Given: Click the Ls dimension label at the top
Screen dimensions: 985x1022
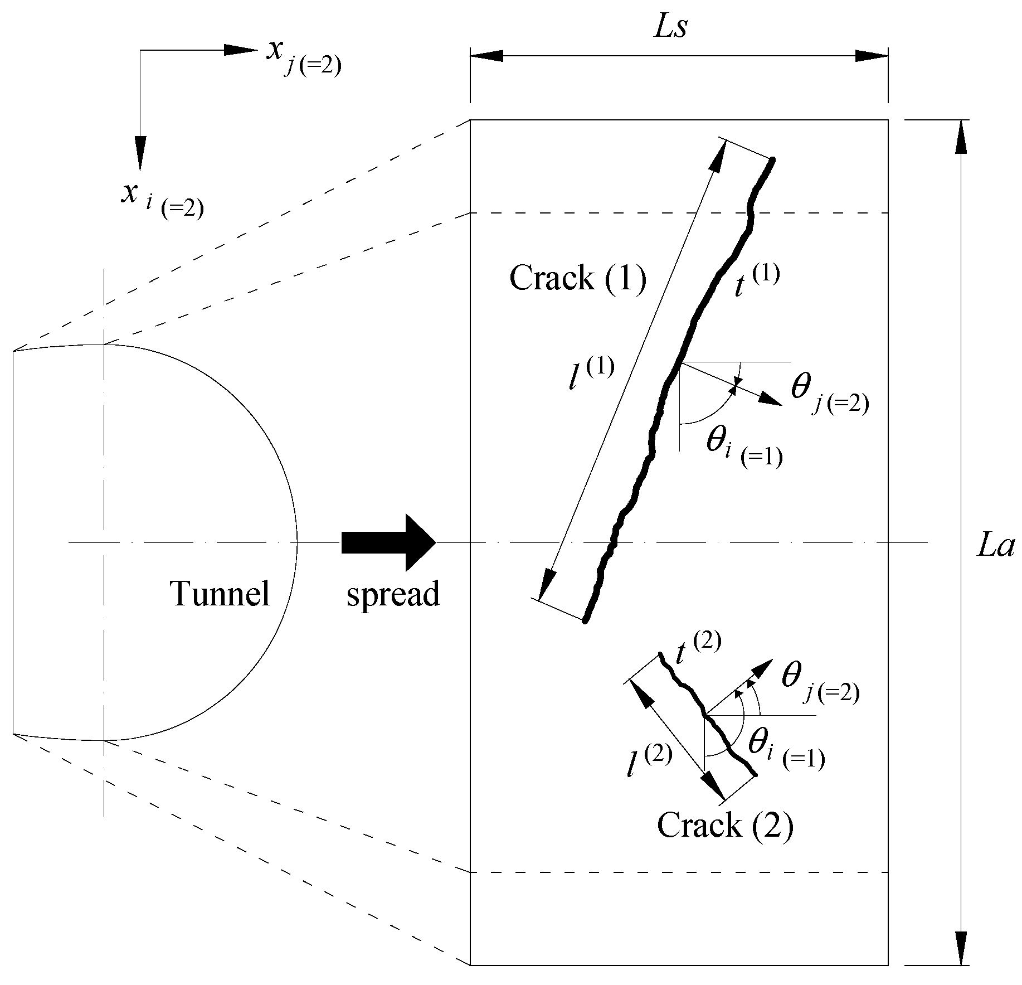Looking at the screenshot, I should tap(670, 28).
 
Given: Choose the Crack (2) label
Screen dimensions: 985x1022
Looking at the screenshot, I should tap(725, 825).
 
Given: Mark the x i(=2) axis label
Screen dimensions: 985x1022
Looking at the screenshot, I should tap(162, 200).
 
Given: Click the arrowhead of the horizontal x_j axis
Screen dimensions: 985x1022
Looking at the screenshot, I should tap(241, 50).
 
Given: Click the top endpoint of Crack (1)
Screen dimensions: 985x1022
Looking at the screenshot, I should tap(772, 161).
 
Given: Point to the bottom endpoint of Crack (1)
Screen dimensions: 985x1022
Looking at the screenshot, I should tap(585, 620).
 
